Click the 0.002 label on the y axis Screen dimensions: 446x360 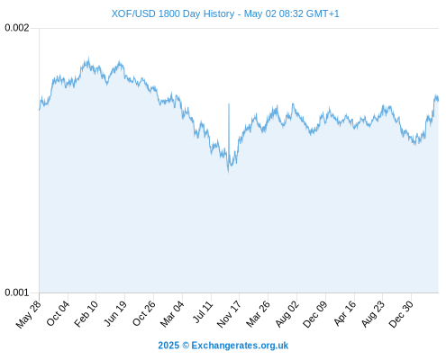17,28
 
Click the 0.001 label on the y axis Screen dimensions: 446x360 17,292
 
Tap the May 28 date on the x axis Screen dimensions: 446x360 28,314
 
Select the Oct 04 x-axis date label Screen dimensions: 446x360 58,313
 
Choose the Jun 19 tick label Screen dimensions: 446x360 115,313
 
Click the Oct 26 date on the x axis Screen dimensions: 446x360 144,313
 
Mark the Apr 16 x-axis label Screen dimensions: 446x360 345,313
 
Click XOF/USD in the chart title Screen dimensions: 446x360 133,13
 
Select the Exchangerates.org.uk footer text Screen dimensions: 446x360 240,346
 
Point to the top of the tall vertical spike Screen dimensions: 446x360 229,103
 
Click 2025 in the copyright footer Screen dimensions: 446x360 168,346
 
